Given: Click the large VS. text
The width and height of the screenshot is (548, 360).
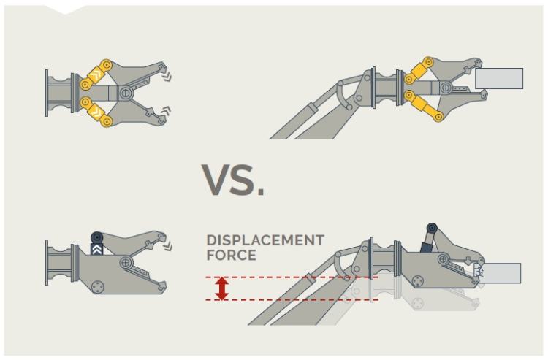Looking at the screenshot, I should (x=232, y=180).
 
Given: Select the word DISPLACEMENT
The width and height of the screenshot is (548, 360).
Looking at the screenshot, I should (x=265, y=240).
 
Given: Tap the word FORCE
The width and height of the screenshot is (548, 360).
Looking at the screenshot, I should (x=231, y=256).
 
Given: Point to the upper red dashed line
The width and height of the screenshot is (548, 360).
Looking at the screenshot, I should (x=292, y=277).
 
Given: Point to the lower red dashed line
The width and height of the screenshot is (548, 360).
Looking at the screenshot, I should (x=292, y=299).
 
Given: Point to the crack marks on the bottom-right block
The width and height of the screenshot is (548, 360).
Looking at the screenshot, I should (x=481, y=272).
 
